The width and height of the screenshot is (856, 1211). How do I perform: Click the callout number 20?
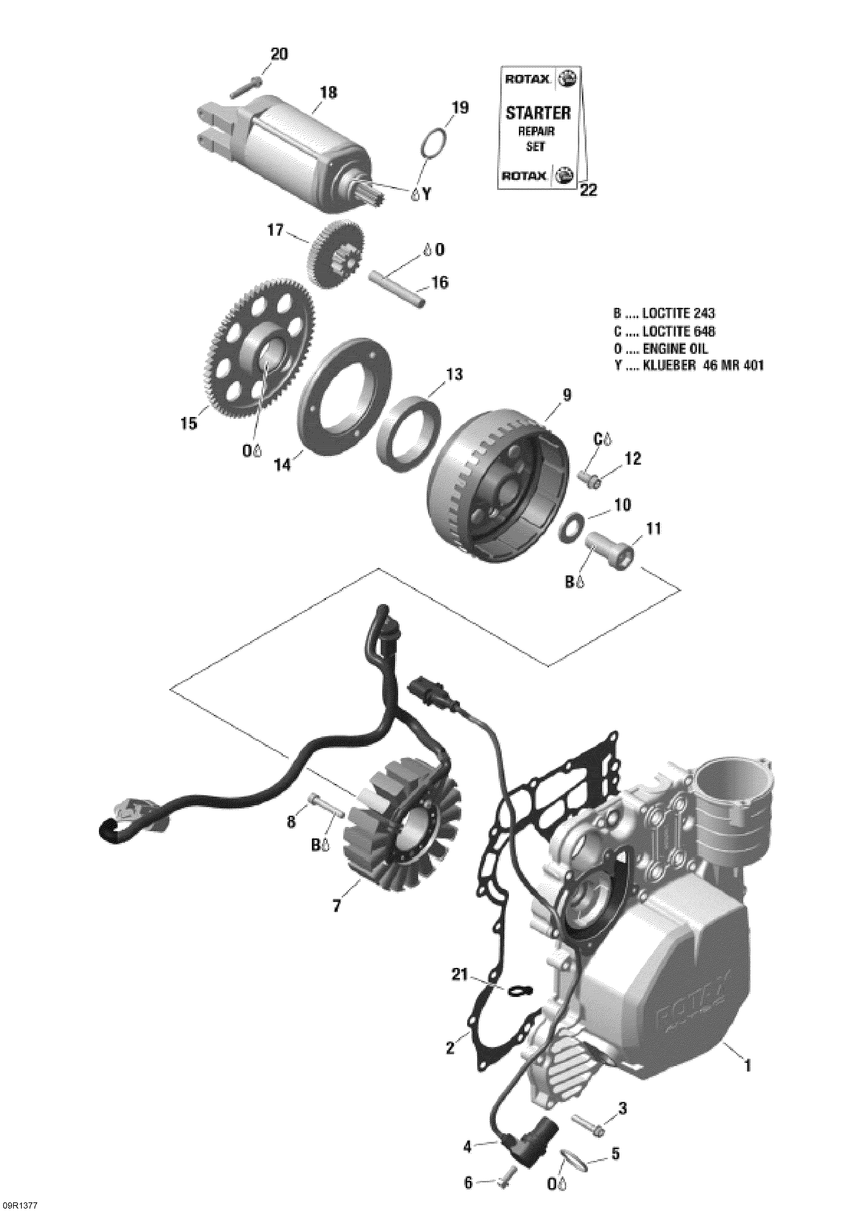tap(279, 54)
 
